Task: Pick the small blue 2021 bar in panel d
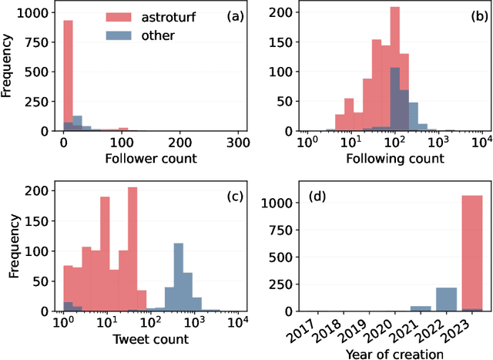click(x=421, y=308)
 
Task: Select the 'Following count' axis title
click(x=394, y=159)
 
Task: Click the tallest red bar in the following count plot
click(x=395, y=70)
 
